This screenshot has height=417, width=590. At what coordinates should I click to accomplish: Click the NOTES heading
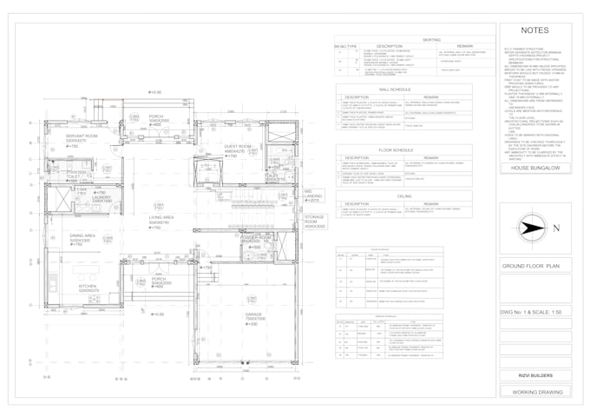tap(533, 30)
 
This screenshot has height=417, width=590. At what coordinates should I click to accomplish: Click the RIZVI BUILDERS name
tap(532, 376)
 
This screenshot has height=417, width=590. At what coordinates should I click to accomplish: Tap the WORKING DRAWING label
tap(532, 392)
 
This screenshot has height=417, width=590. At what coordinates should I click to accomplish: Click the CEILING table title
tap(404, 196)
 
